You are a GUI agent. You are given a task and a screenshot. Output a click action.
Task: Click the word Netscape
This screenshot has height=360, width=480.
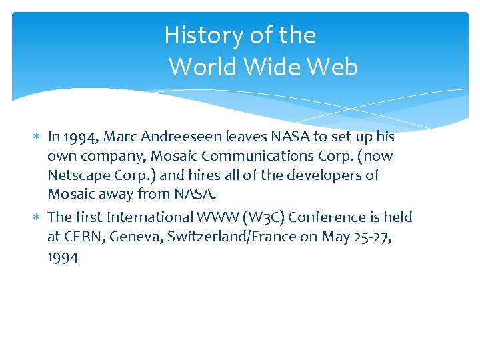pyautogui.click(x=76, y=175)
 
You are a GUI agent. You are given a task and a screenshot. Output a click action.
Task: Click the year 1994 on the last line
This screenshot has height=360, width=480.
pyautogui.click(x=63, y=257)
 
